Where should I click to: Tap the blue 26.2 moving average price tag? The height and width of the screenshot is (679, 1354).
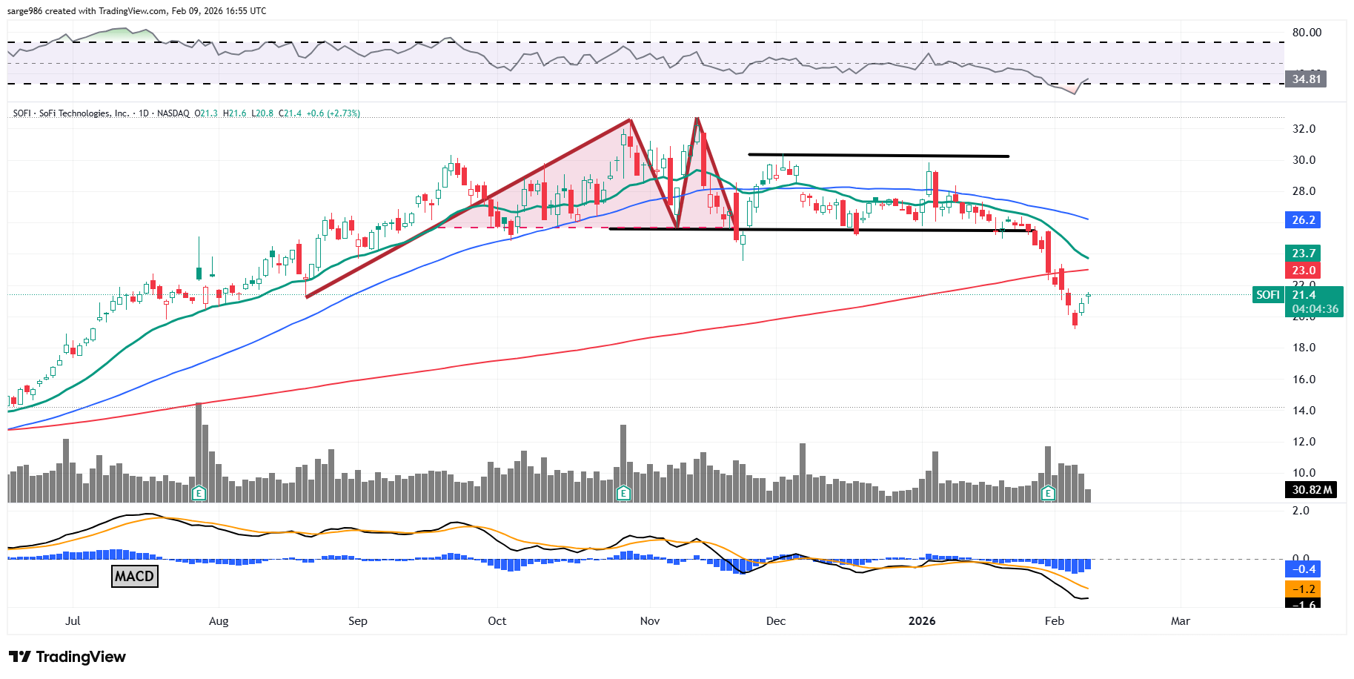click(1303, 219)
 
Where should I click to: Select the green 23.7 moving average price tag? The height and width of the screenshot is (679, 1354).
click(1303, 254)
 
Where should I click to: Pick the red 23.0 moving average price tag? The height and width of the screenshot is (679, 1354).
click(1303, 271)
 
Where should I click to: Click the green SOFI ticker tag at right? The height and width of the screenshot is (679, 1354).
click(1267, 295)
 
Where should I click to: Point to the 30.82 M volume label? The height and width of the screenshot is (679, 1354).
click(1311, 490)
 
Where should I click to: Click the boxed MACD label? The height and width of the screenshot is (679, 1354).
click(134, 576)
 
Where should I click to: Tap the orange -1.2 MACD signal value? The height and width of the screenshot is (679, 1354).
click(1303, 589)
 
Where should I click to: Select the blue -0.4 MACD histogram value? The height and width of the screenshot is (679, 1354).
click(1303, 569)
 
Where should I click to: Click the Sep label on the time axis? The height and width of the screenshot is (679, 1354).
click(357, 621)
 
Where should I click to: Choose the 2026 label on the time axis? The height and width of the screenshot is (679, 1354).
click(922, 621)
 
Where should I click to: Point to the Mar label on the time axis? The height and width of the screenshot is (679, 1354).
click(1180, 621)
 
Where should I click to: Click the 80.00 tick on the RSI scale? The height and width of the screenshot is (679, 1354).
click(1307, 33)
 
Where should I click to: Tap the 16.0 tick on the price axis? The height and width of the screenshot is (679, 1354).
click(1304, 380)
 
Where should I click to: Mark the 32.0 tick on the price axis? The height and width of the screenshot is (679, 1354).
click(1304, 129)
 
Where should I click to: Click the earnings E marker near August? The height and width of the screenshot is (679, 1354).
click(199, 493)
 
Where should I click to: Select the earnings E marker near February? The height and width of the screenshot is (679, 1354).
click(1048, 493)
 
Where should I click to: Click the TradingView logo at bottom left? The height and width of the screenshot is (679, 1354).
click(67, 657)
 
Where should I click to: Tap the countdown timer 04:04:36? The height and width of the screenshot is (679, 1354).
click(1315, 309)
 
